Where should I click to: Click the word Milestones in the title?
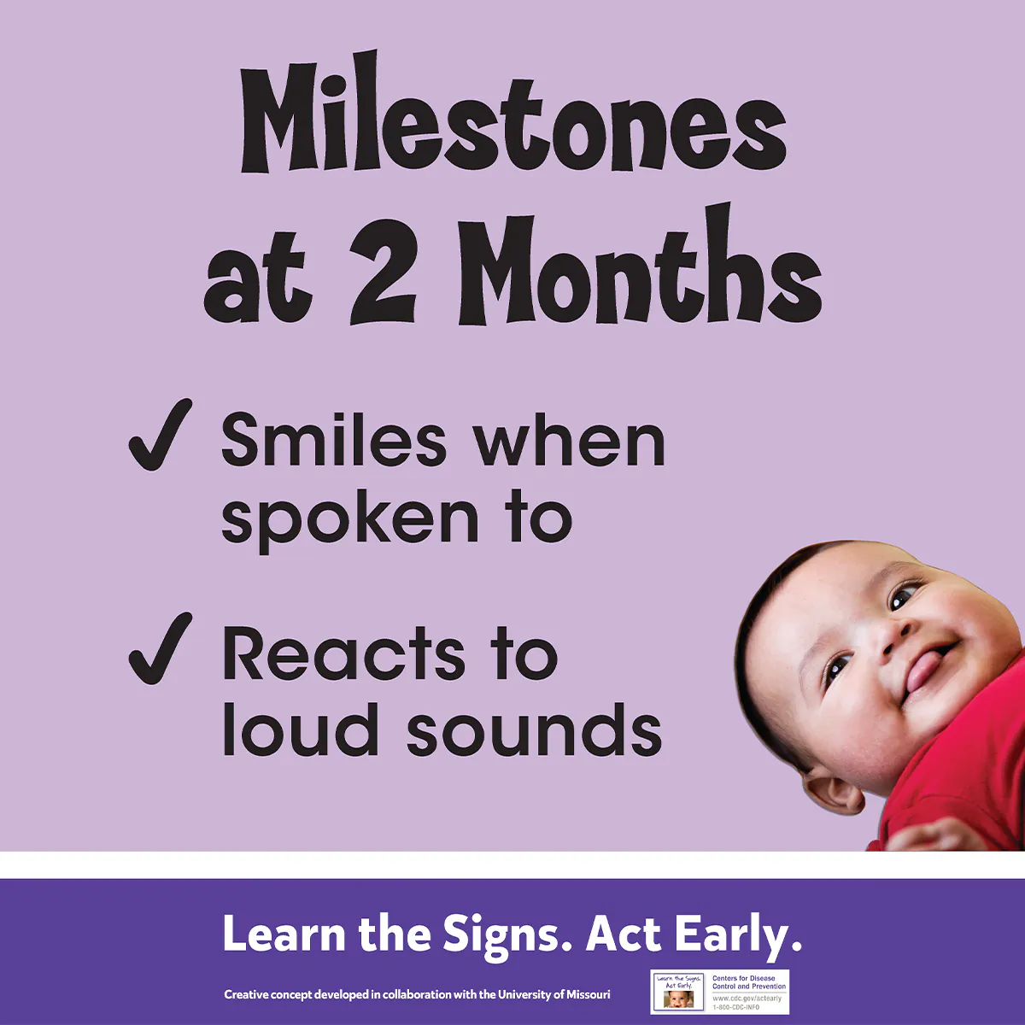[512, 120]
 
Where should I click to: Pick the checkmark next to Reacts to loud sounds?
[160, 649]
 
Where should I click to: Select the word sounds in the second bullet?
[534, 732]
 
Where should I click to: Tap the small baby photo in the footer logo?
[679, 999]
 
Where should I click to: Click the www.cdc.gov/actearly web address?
[747, 999]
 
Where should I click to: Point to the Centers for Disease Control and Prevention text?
[749, 982]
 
